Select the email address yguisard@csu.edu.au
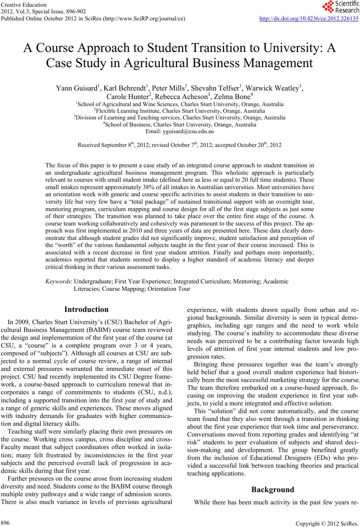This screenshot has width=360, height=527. tap(180, 131)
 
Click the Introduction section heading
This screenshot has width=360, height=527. tap(86, 309)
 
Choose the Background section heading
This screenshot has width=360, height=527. tap(273, 489)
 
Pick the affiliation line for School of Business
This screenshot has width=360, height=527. tap(180, 125)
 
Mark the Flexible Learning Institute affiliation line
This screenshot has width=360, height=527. tap(180, 111)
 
